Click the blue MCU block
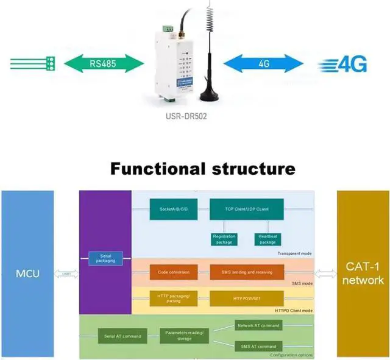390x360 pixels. pyautogui.click(x=27, y=274)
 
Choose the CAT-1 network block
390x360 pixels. pyautogui.click(x=363, y=274)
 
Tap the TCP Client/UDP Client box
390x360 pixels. pyautogui.click(x=246, y=210)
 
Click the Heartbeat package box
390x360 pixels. pyautogui.click(x=267, y=239)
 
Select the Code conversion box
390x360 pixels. pyautogui.click(x=173, y=272)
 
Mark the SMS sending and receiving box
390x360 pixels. pyautogui.click(x=246, y=272)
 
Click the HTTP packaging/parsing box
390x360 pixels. pyautogui.click(x=173, y=298)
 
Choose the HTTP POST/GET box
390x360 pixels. pyautogui.click(x=246, y=298)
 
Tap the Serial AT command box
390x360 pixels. pyautogui.click(x=121, y=336)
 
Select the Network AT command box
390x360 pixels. pyautogui.click(x=258, y=326)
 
